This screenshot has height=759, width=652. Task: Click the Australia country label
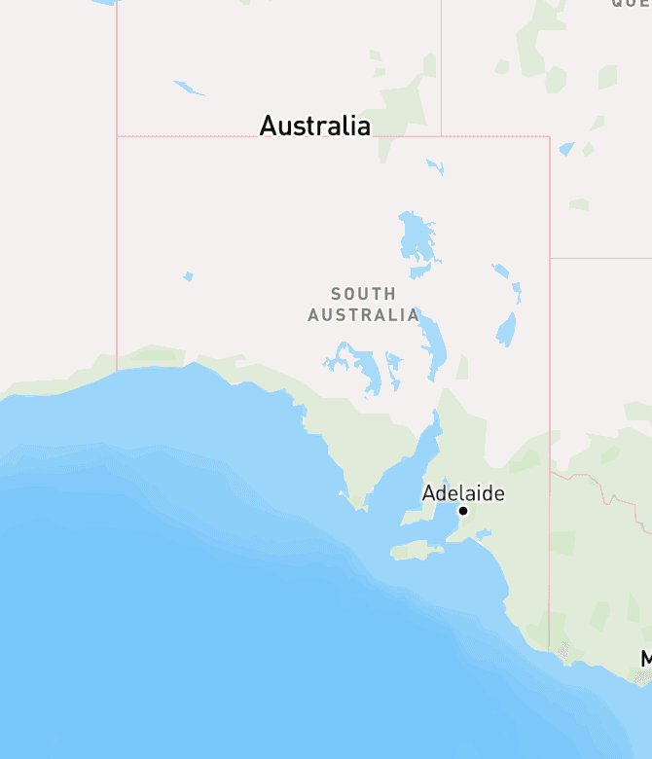314,126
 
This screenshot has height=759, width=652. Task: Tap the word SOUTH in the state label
363,293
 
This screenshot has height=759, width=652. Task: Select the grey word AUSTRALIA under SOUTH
363,315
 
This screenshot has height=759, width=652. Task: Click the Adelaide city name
463,493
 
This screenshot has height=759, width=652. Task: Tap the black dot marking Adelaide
463,511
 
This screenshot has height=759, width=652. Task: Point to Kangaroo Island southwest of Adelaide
417,552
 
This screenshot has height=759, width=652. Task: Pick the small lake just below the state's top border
435,166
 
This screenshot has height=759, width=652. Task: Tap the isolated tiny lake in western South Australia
188,276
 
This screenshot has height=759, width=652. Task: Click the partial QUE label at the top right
631,4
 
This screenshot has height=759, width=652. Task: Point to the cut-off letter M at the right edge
646,659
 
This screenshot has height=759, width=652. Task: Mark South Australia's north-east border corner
550,137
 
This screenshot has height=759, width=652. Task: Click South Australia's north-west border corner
117,136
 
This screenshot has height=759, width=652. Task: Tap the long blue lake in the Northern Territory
189,89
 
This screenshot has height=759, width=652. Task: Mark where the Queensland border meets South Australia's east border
550,258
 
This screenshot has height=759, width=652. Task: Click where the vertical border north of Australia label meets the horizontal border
441,136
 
